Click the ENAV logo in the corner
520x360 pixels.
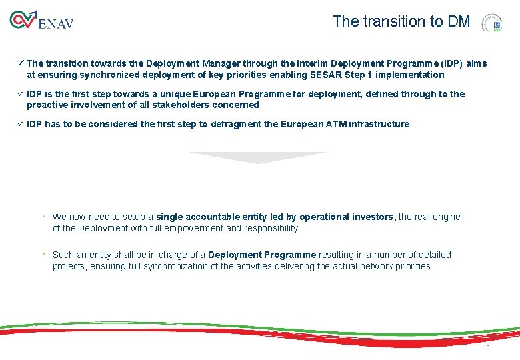41,21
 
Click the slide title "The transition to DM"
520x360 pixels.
401,21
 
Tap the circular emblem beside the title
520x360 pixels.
494,23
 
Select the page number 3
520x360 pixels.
487,348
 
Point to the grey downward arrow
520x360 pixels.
257,157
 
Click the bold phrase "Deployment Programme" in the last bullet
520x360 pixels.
262,255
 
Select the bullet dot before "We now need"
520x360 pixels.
43,217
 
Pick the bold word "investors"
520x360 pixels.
372,217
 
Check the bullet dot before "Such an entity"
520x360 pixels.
43,255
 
